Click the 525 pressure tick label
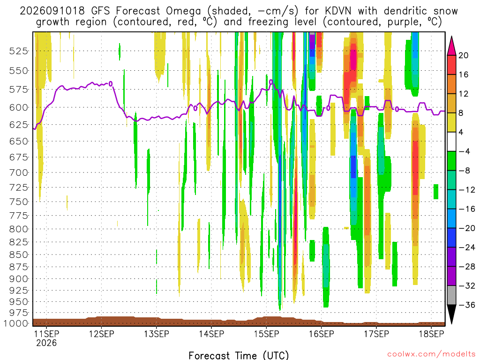[18, 51]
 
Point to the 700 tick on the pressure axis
[18, 172]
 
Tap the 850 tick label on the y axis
[18, 255]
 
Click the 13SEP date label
[157, 334]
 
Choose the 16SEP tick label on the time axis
[322, 334]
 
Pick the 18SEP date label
[431, 334]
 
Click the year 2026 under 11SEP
[46, 343]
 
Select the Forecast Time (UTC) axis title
[239, 355]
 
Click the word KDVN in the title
[338, 11]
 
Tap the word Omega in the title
[183, 11]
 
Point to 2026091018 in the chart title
[52, 11]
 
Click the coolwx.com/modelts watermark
[431, 354]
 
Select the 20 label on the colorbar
[464, 55]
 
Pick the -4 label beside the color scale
[465, 151]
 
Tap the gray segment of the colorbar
[451, 295]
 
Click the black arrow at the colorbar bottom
[451, 314]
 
